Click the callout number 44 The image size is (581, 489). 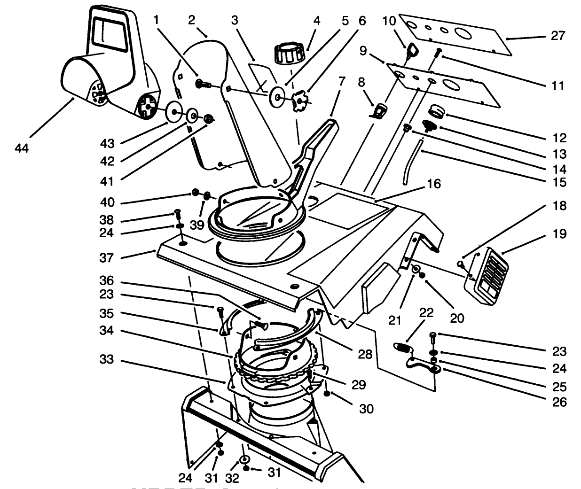click(22, 148)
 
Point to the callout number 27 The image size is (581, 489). click(558, 36)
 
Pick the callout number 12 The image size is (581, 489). click(559, 138)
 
